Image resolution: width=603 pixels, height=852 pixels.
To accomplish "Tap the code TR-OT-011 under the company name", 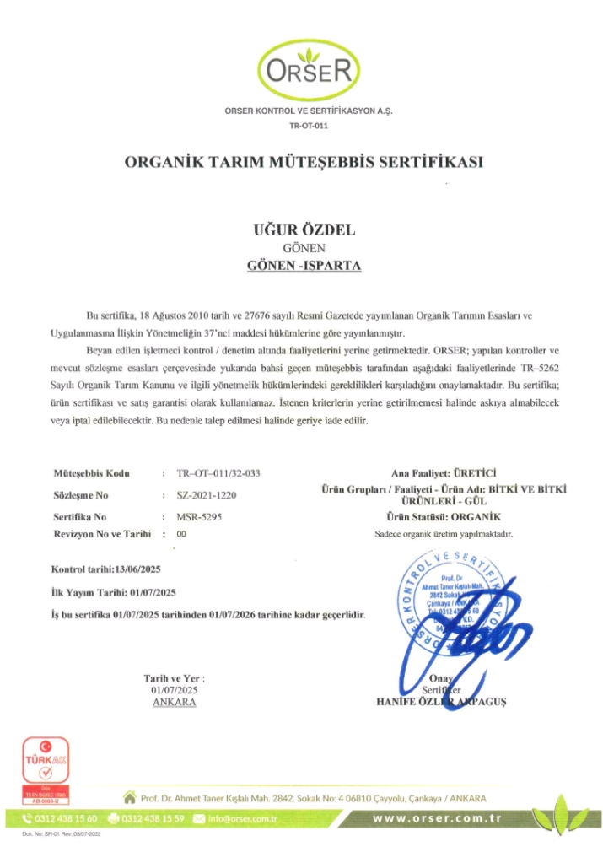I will (x=309, y=126).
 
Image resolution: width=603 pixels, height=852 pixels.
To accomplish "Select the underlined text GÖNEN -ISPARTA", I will (x=304, y=265).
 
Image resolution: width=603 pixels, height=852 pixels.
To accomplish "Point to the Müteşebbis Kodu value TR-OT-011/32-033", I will (x=218, y=474).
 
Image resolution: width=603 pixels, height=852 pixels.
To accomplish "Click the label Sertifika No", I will (x=79, y=516).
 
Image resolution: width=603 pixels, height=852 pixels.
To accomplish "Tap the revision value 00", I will (x=181, y=534).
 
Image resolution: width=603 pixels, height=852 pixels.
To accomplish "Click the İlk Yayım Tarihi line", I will (x=113, y=592).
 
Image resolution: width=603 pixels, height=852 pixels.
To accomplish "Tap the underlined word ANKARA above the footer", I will (x=175, y=702).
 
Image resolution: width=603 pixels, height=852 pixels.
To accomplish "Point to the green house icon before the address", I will (x=129, y=796).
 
